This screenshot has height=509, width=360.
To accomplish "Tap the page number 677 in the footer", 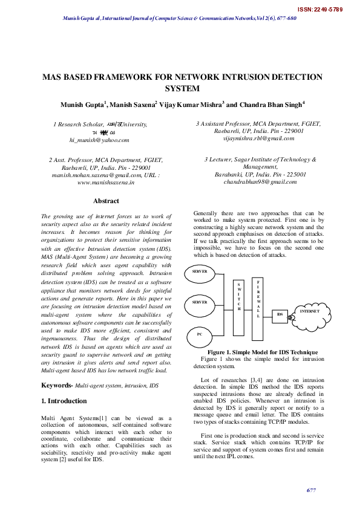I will point(312,490).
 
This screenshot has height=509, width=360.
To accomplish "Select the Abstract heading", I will point(106,201).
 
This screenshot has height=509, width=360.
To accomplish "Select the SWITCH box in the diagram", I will point(238,296).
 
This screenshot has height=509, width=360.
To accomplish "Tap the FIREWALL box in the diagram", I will point(258,299).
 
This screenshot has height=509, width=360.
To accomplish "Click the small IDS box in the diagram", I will point(280,315).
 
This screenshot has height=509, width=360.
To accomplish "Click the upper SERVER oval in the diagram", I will point(200,272).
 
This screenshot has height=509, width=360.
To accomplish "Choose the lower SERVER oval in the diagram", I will point(200,302).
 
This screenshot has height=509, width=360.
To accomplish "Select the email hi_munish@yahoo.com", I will point(99,140).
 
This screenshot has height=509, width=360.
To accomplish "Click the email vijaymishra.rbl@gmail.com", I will point(259,138).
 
